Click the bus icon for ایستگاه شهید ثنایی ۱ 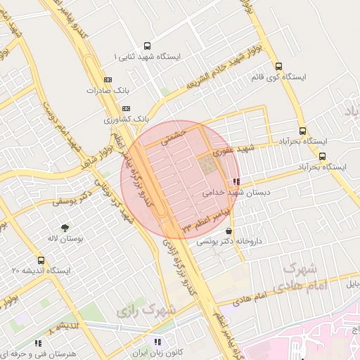pyautogui.click(x=147, y=45)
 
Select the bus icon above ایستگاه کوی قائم pyautogui.click(x=279, y=65)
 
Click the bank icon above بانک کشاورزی pyautogui.click(x=127, y=108)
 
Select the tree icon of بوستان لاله pyautogui.click(x=66, y=228)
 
